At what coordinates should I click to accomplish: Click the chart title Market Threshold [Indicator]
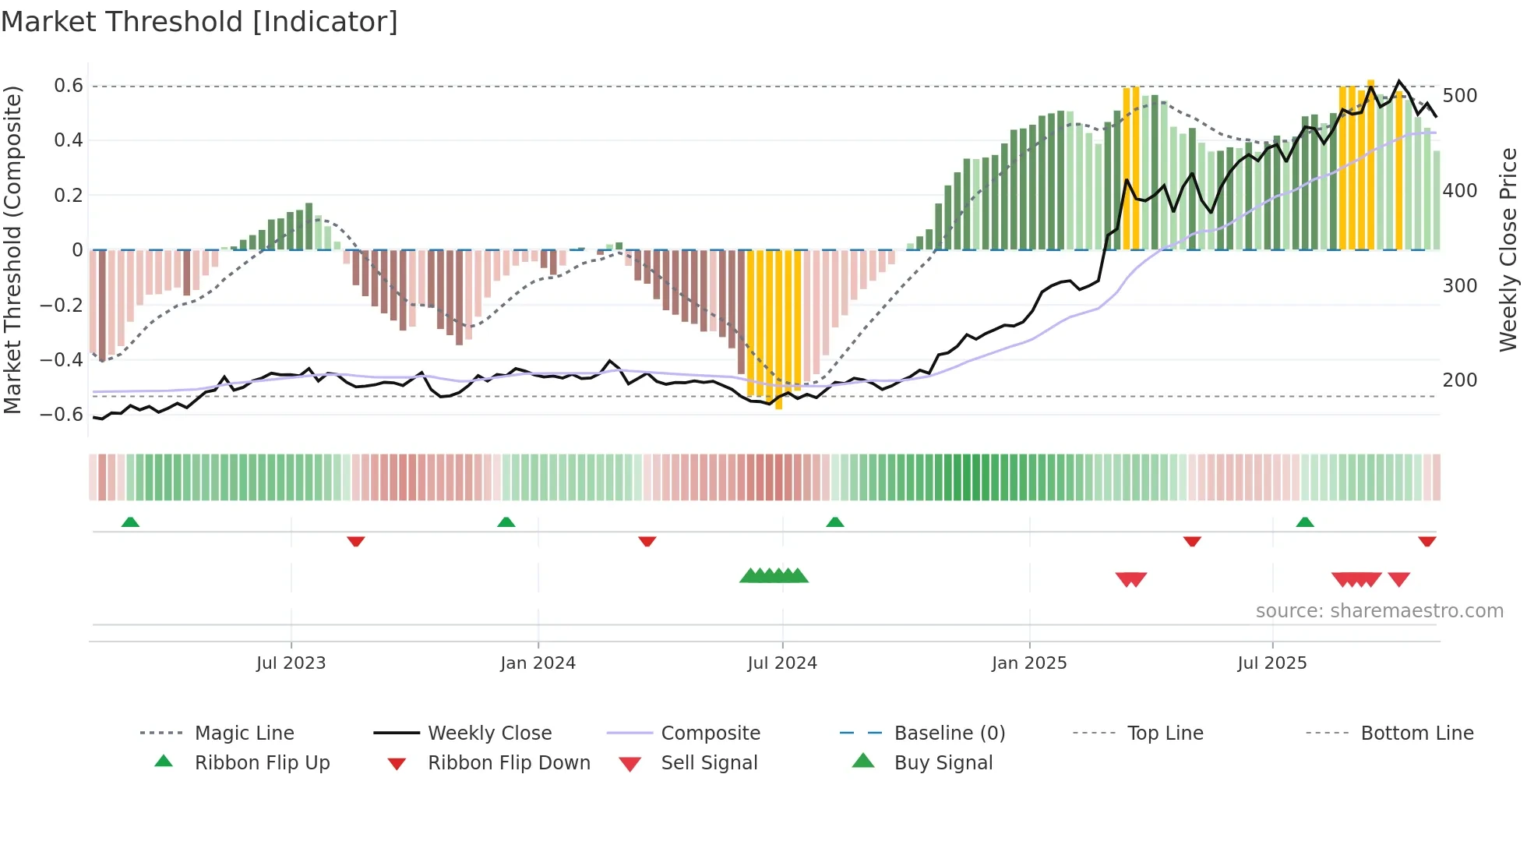tap(199, 22)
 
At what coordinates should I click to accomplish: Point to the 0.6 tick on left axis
tap(68, 86)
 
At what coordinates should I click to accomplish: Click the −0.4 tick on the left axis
tap(62, 359)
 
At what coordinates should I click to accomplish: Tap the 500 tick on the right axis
tap(1459, 96)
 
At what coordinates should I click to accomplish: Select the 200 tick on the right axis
tap(1459, 380)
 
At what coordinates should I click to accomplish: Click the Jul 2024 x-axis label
tap(781, 663)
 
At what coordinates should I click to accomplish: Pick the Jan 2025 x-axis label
tap(1028, 663)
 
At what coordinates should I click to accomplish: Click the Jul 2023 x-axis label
tap(291, 663)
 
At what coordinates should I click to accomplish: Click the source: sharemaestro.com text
tap(1379, 611)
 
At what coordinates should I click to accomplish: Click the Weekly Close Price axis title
tap(1508, 249)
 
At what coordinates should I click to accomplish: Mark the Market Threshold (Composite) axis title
tap(12, 249)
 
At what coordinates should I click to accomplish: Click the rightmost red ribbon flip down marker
tap(1426, 541)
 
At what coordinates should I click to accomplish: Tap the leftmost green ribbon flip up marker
tap(130, 522)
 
